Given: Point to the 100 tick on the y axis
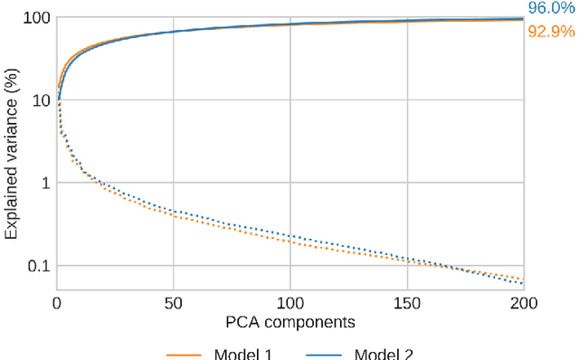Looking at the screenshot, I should point(34,17).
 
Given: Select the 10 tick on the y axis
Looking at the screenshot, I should point(39,100).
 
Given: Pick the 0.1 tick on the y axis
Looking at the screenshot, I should point(37,266).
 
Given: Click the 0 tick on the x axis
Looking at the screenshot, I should point(56,303).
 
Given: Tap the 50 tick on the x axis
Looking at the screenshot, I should point(174,303).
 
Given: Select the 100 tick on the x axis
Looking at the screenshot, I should point(290,303).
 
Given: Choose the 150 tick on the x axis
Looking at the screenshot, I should point(407,303).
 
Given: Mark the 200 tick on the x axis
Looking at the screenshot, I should point(524,303).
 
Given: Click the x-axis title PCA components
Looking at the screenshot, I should point(289,321).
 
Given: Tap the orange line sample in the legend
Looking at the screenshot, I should point(185,355).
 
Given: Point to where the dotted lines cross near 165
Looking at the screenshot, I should point(443,266).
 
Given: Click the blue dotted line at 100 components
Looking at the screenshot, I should point(290,236).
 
